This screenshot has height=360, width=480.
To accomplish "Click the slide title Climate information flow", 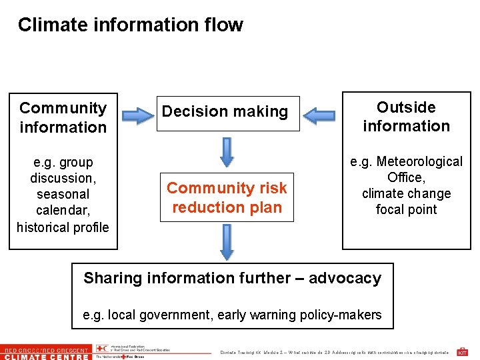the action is (130, 25).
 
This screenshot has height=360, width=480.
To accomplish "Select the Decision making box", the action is (225, 112).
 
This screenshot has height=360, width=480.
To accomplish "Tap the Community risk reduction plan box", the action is (227, 197).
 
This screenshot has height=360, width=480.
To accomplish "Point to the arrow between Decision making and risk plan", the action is (227, 153).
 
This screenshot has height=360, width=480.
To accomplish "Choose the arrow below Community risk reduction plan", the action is (227, 241).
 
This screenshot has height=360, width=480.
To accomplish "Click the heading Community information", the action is (63, 117).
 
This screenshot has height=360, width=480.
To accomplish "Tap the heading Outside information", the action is (406, 117).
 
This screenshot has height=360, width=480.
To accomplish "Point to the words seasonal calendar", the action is (63, 202).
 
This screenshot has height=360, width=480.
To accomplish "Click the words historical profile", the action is (63, 227).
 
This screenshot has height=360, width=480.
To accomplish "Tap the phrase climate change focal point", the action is (406, 201).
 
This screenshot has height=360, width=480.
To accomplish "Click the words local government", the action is (158, 315).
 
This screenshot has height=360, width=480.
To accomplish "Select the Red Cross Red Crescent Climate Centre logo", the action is (45, 352).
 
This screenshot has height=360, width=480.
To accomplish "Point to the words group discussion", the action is (63, 170).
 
